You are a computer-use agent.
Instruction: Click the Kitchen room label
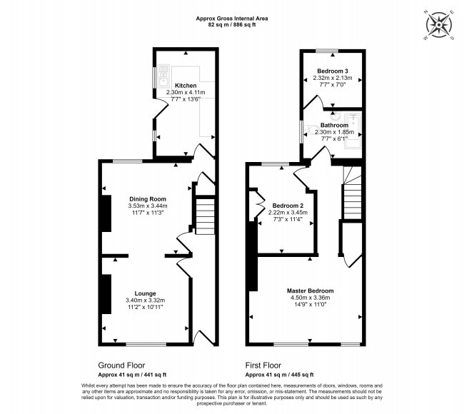[186, 86]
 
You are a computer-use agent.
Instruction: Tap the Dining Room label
[148, 199]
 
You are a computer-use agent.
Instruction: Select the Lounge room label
[145, 293]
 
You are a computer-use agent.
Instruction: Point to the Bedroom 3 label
[333, 71]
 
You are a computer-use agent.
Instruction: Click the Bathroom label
[334, 125]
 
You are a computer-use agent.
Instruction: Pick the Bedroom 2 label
[288, 206]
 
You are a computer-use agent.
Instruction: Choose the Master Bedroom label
[310, 291]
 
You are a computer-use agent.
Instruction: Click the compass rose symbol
[438, 24]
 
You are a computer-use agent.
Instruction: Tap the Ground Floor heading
[121, 365]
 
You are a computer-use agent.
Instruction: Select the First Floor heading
[263, 365]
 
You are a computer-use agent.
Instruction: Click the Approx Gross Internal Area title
[232, 19]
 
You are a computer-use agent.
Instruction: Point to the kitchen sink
[163, 76]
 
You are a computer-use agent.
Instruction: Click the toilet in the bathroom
[310, 130]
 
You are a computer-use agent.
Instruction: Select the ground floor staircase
[205, 216]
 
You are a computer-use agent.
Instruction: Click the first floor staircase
[352, 193]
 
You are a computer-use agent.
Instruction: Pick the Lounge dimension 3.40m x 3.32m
[145, 300]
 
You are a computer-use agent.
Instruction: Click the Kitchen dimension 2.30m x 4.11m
[186, 92]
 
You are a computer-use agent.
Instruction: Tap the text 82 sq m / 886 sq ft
[232, 25]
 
